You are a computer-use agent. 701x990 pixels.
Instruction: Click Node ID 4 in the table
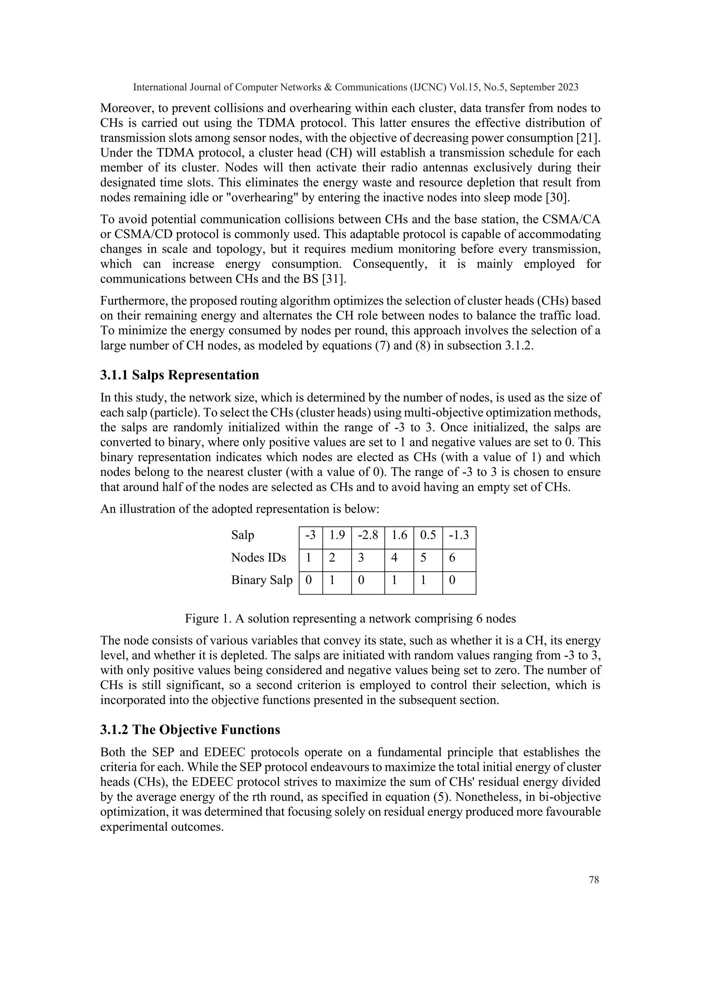(x=398, y=558)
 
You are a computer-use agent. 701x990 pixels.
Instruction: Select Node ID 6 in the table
(x=459, y=558)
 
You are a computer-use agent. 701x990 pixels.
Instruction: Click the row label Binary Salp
(x=262, y=580)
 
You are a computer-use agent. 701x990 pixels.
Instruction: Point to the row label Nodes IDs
(x=258, y=558)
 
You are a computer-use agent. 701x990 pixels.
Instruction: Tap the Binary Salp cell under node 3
(x=367, y=580)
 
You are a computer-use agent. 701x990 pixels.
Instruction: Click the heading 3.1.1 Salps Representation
(x=180, y=375)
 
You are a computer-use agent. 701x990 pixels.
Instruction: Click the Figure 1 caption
(x=350, y=619)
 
